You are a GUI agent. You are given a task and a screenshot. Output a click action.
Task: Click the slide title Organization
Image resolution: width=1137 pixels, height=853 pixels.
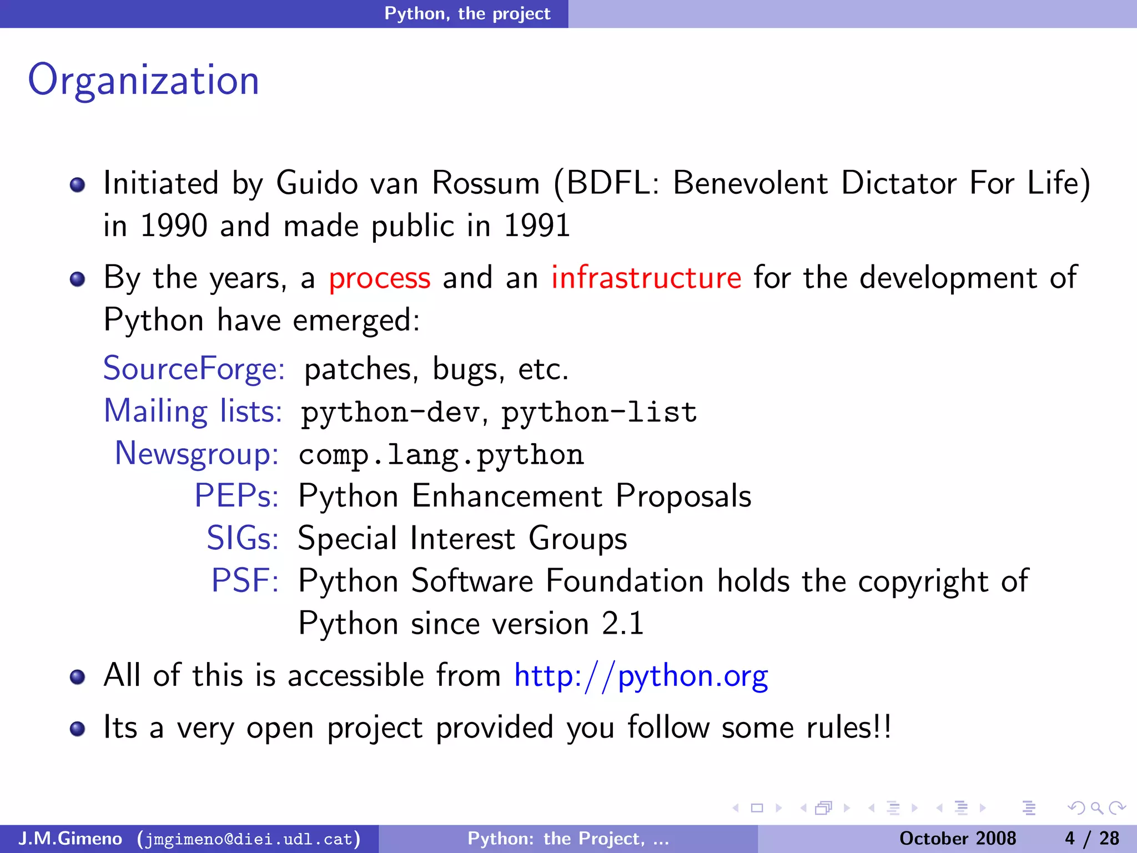pyautogui.click(x=143, y=81)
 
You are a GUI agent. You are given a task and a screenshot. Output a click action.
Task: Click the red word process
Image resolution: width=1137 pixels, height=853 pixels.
pyautogui.click(x=379, y=278)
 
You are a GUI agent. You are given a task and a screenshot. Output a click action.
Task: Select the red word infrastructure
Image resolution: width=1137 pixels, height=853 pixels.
pyautogui.click(x=646, y=278)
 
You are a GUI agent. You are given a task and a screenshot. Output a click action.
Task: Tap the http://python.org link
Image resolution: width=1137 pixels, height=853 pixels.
pyautogui.click(x=641, y=676)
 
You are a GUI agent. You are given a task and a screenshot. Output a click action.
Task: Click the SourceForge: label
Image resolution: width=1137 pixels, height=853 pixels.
pyautogui.click(x=194, y=369)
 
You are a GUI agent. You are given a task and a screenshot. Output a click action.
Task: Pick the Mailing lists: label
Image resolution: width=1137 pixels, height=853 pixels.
pyautogui.click(x=193, y=412)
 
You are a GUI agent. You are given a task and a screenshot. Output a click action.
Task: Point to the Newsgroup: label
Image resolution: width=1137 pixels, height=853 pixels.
pyautogui.click(x=197, y=454)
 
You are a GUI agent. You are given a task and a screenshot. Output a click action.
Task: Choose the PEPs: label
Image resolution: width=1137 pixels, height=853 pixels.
pyautogui.click(x=236, y=496)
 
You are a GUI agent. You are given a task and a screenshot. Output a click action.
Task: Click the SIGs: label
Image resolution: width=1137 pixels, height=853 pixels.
pyautogui.click(x=242, y=538)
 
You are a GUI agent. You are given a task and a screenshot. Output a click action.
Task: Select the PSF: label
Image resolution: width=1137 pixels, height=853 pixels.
pyautogui.click(x=244, y=581)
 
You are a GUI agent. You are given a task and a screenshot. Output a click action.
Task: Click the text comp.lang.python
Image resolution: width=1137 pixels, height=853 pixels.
pyautogui.click(x=441, y=455)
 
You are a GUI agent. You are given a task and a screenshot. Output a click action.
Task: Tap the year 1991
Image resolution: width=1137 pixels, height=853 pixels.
pyautogui.click(x=537, y=226)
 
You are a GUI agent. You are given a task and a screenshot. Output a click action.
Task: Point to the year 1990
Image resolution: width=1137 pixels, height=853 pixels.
pyautogui.click(x=174, y=226)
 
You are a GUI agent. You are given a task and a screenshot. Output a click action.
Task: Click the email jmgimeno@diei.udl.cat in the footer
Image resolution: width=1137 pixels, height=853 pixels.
pyautogui.click(x=249, y=839)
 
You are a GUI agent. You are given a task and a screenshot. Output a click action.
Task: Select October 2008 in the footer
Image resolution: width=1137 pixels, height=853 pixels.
pyautogui.click(x=957, y=838)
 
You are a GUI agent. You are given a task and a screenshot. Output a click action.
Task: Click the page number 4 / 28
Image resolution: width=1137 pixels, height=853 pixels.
pyautogui.click(x=1091, y=838)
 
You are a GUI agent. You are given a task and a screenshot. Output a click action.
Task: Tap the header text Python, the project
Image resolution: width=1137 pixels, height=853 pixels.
pyautogui.click(x=467, y=13)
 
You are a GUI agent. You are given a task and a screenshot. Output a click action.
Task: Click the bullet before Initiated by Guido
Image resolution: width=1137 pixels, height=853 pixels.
pyautogui.click(x=78, y=185)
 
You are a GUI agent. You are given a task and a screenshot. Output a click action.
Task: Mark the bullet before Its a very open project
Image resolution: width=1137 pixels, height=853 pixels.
pyautogui.click(x=78, y=729)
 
